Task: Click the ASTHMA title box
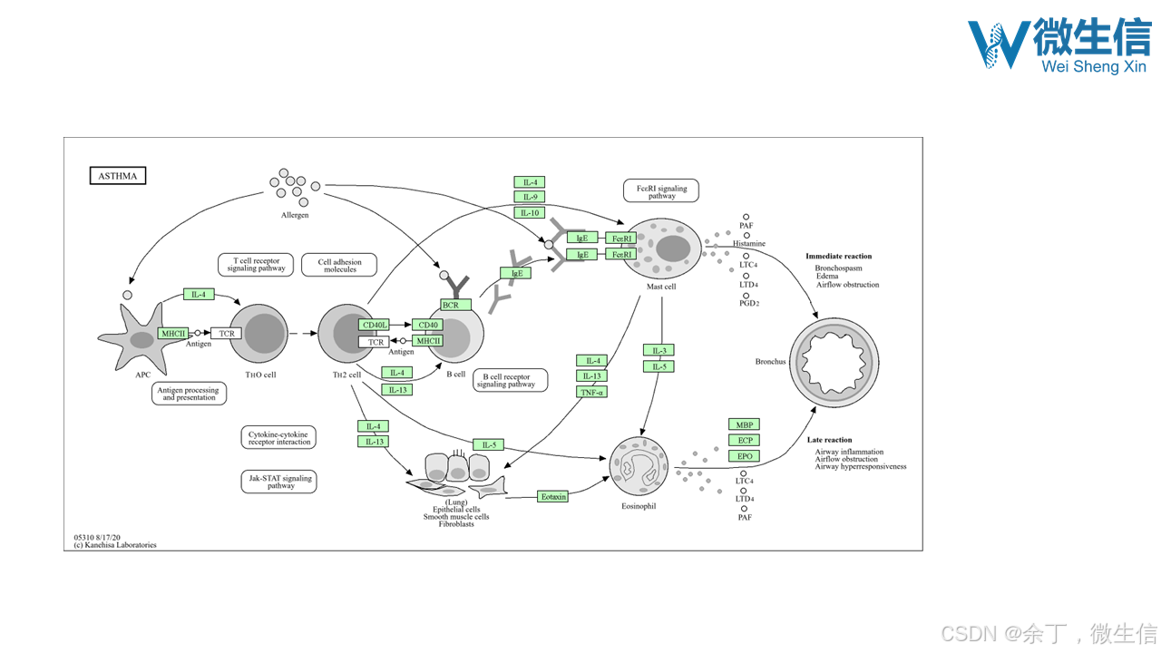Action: point(117,176)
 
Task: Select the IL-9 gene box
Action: point(529,197)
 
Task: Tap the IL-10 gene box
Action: point(529,213)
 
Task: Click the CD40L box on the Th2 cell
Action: point(374,325)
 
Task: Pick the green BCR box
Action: point(451,306)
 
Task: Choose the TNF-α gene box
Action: point(591,392)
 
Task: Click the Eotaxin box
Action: point(552,496)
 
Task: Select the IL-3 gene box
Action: point(659,351)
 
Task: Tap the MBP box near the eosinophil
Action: point(744,424)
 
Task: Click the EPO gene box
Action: point(744,456)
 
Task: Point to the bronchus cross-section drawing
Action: point(834,362)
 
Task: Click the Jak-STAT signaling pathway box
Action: point(279,482)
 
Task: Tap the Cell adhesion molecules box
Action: point(339,265)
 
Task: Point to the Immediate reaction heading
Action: point(838,257)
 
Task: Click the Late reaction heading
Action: point(829,440)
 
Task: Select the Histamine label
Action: point(749,244)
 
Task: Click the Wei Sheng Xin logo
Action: point(1059,44)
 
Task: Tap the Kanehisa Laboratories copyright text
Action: point(115,545)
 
